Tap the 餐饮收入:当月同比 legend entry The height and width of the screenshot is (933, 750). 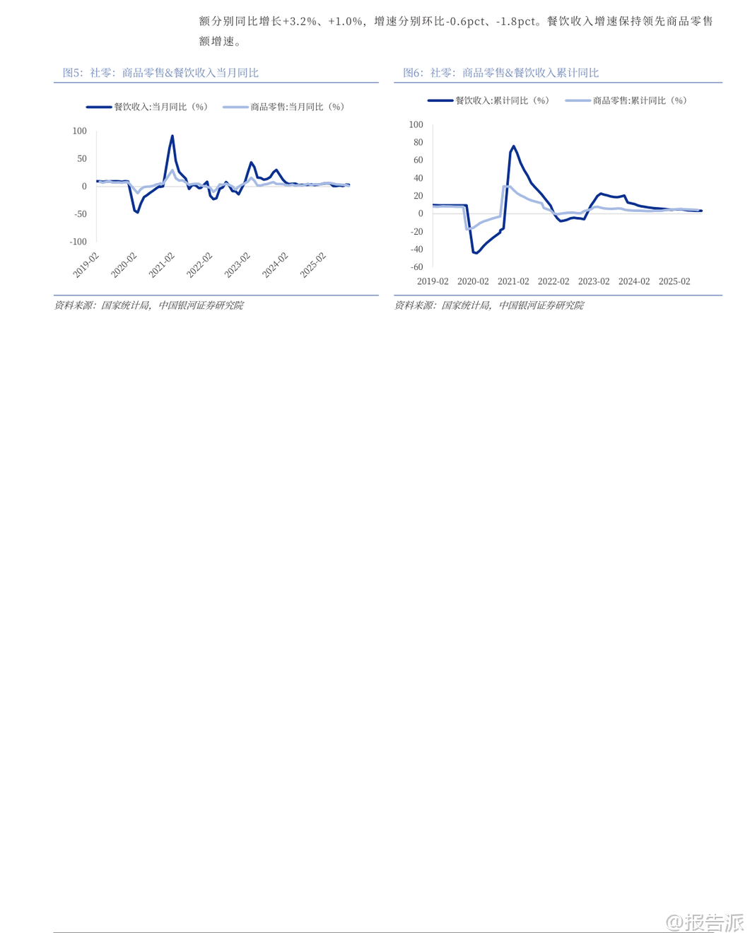[147, 107]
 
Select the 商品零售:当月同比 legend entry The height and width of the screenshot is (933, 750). [284, 107]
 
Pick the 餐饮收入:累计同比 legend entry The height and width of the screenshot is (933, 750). [488, 100]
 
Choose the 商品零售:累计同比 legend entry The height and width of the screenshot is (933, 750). [626, 100]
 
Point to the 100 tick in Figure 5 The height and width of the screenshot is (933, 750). [79, 131]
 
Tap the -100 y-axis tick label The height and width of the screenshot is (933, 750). [78, 242]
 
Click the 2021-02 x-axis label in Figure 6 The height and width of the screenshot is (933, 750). [513, 281]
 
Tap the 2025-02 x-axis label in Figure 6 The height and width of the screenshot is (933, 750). [674, 281]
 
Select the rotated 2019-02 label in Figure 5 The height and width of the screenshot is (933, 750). [86, 265]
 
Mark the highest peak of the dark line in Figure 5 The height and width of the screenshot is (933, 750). [172, 136]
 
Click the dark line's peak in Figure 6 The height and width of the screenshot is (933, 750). [513, 146]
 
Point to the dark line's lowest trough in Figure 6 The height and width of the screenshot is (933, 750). [475, 253]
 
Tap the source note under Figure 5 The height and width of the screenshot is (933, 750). [148, 305]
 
